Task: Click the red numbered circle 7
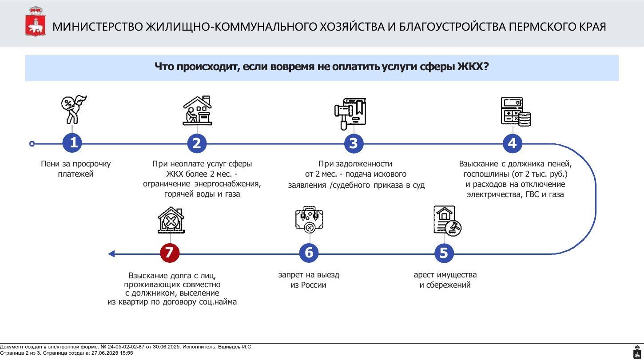tap(170, 253)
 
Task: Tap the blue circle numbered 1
tap(72, 143)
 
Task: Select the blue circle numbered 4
tap(513, 143)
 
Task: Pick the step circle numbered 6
tap(309, 253)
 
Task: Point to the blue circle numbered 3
tap(354, 143)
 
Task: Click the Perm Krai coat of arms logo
tap(36, 22)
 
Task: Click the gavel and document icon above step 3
tap(350, 114)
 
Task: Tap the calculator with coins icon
tap(516, 111)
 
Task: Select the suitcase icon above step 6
tap(310, 219)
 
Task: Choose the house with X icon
tap(171, 220)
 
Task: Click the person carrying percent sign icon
tap(73, 110)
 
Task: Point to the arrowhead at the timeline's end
tap(111, 254)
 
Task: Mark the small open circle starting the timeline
tap(32, 144)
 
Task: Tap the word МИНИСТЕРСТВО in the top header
tap(98, 27)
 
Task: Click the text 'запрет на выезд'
tap(309, 275)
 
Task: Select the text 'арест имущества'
tap(445, 275)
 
